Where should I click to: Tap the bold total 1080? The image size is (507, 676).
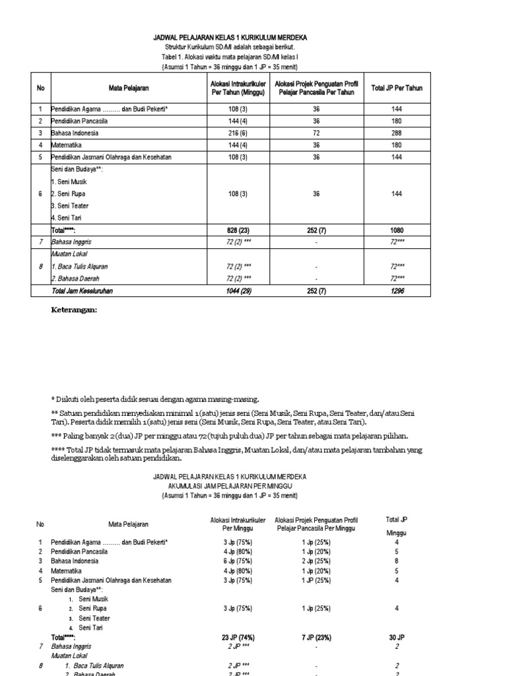click(x=397, y=230)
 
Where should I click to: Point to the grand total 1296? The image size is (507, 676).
click(x=397, y=290)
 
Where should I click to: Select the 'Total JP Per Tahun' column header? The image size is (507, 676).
click(x=397, y=88)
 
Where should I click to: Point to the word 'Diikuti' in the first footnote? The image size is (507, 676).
click(x=68, y=399)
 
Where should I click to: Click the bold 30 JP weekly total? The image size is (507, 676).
click(x=396, y=637)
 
